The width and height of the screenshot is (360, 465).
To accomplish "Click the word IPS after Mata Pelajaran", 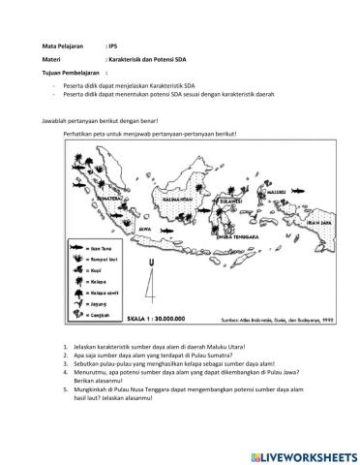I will (x=111, y=46).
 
